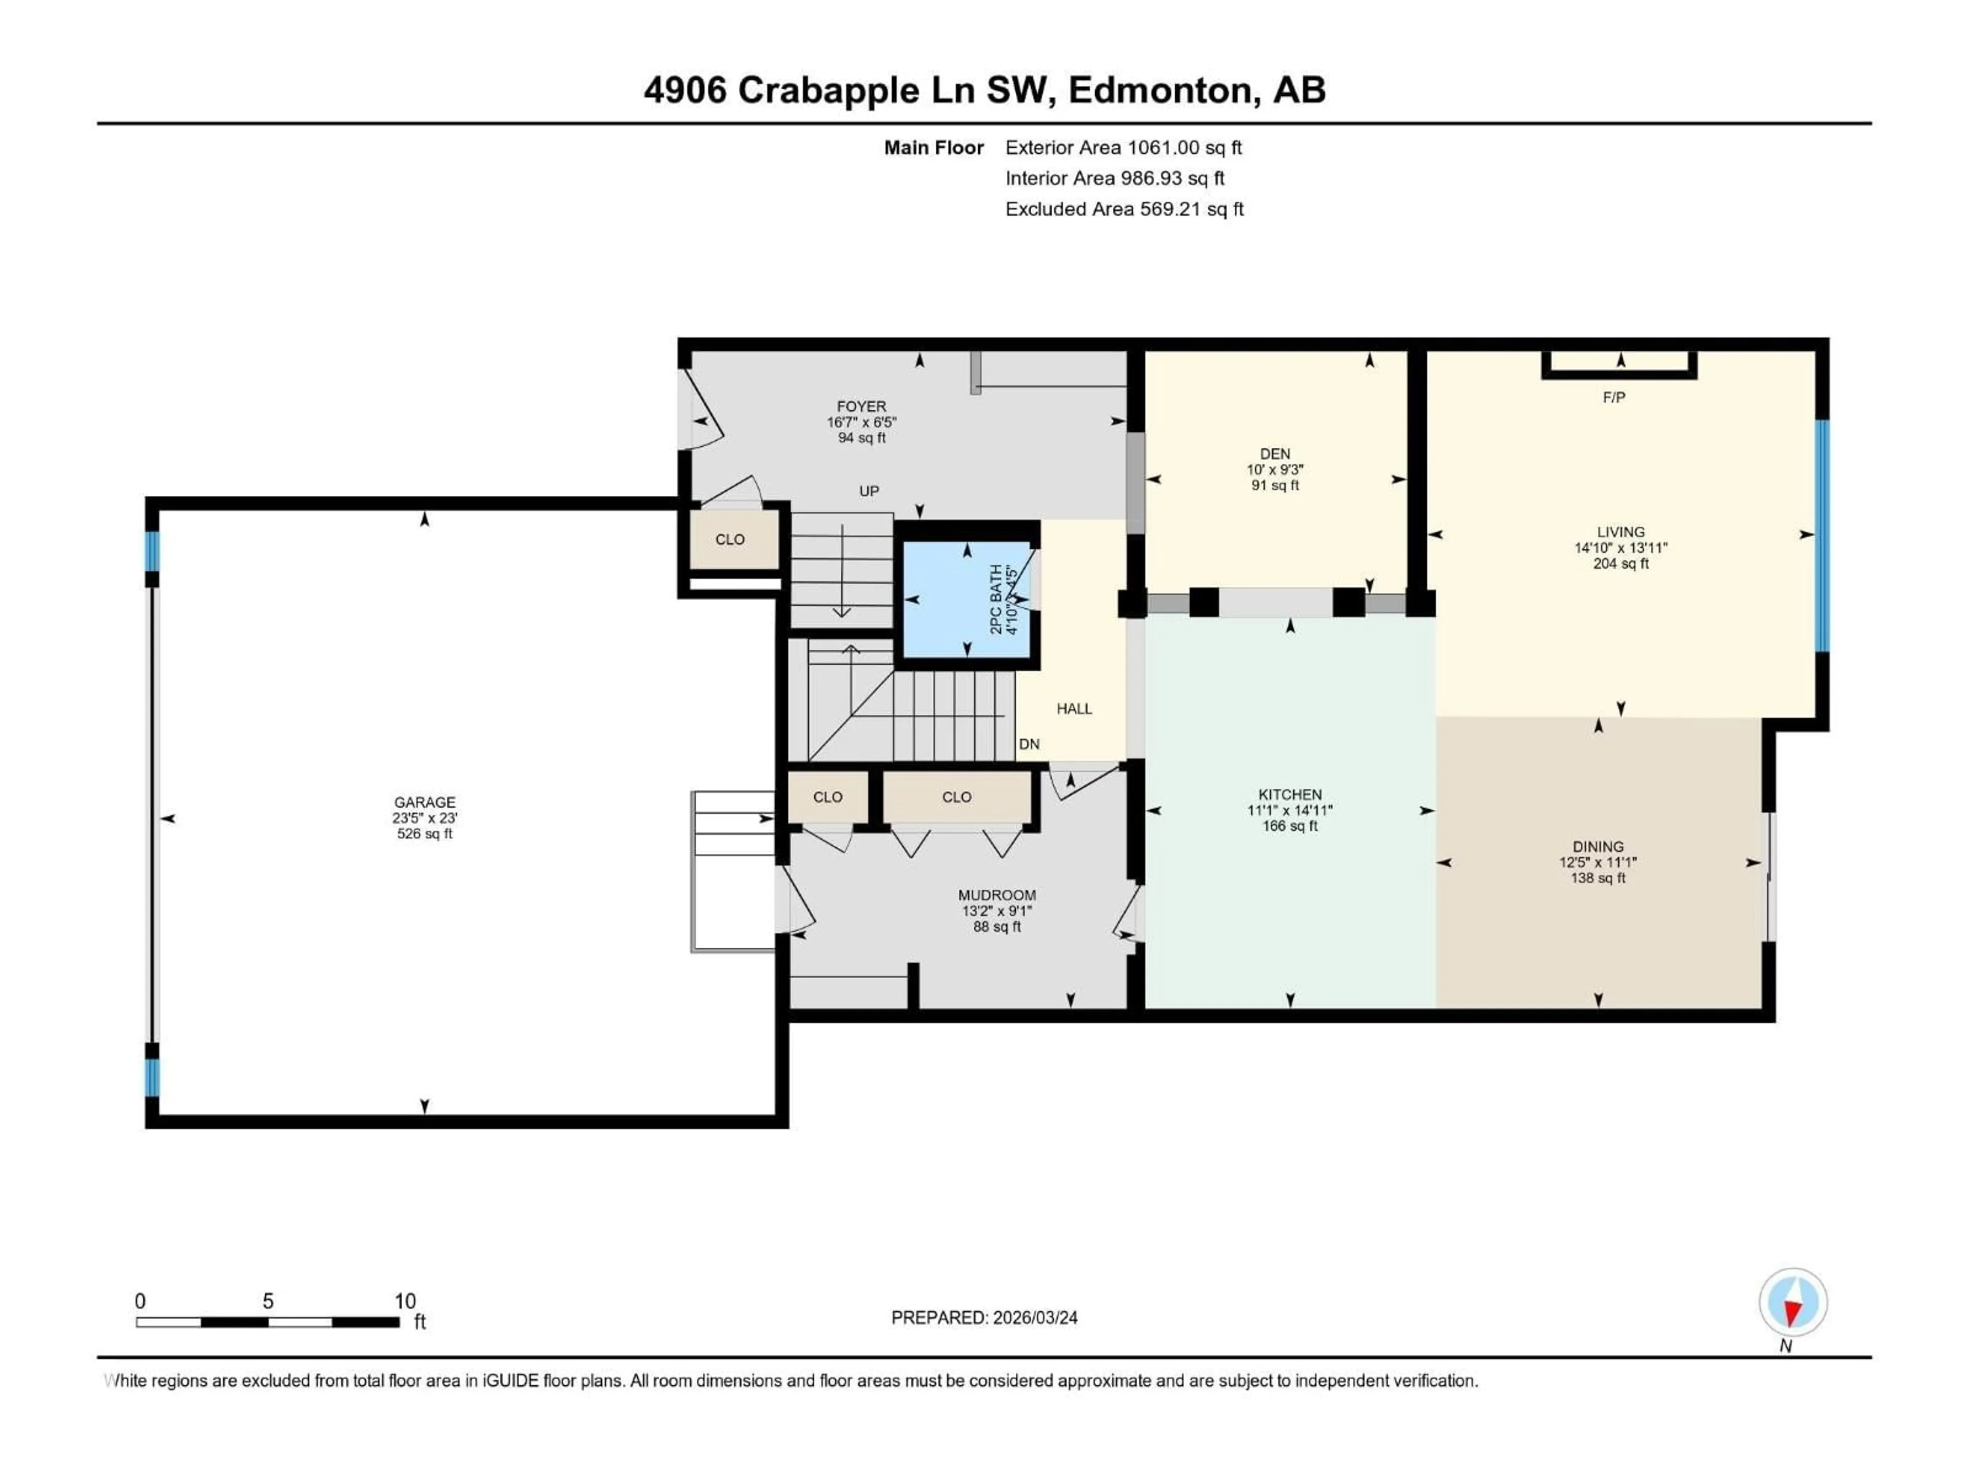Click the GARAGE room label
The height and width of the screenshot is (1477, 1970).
(x=425, y=802)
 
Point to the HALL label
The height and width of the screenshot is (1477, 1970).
(x=1074, y=709)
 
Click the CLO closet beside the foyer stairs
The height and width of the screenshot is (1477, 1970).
(x=731, y=540)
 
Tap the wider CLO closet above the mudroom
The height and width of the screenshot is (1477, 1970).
(x=956, y=797)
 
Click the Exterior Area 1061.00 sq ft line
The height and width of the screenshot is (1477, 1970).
(x=1123, y=148)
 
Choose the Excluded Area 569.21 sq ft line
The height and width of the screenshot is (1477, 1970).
(x=1124, y=209)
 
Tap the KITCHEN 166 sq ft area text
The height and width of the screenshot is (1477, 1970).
(x=1290, y=826)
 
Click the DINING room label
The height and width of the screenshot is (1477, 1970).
(x=1598, y=847)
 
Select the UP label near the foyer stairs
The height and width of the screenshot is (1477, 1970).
(x=869, y=491)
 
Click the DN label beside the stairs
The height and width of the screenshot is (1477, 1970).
(x=1029, y=744)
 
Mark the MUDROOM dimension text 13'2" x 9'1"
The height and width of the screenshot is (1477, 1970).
(x=997, y=911)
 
